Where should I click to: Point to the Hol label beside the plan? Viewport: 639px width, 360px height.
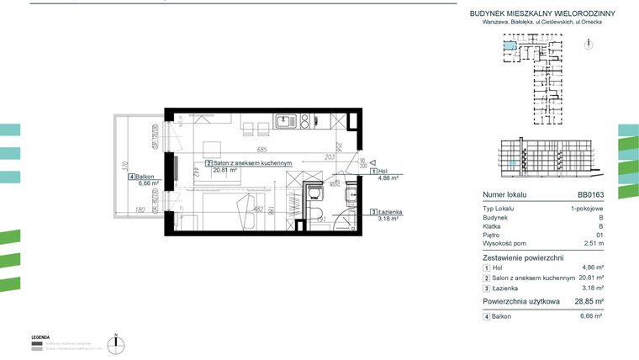[383, 171]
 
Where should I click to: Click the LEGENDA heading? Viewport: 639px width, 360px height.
[41, 336]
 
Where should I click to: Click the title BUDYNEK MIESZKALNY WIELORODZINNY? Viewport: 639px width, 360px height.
[541, 13]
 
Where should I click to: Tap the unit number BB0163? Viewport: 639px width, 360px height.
[589, 193]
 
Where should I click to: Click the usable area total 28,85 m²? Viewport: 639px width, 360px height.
[588, 300]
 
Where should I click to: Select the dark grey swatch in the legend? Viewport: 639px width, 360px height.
[36, 343]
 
